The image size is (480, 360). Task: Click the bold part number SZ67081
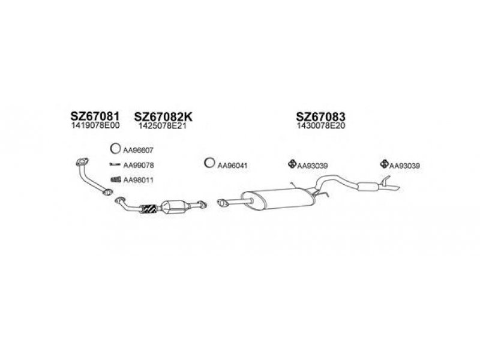tap(95, 116)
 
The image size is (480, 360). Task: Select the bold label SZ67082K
tap(163, 116)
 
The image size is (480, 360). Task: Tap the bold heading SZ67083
tap(320, 116)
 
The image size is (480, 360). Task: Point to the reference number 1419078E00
tap(95, 125)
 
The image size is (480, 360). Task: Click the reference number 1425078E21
tap(162, 126)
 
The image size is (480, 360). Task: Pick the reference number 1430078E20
tap(320, 126)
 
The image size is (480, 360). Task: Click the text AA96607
tap(138, 151)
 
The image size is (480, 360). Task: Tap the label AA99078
tap(139, 166)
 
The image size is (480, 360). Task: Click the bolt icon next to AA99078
tap(115, 164)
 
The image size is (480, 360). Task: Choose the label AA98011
tap(138, 180)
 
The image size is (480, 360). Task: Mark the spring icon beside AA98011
tap(115, 179)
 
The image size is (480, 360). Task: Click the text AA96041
tap(232, 166)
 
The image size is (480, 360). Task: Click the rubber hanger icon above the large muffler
tap(292, 164)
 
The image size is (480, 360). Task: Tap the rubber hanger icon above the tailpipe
tap(385, 164)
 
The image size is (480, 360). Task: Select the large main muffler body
tap(277, 199)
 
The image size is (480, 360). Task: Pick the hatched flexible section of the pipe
tap(149, 209)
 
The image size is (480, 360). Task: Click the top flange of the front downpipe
tap(82, 162)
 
